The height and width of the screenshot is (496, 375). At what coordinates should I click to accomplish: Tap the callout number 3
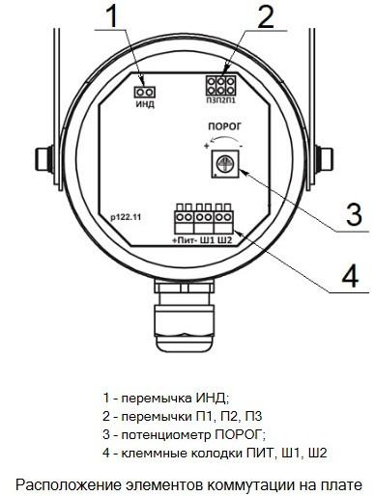click(x=354, y=213)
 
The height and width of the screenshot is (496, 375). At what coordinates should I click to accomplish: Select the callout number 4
click(x=350, y=275)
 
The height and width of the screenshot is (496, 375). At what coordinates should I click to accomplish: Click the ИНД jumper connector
click(x=144, y=92)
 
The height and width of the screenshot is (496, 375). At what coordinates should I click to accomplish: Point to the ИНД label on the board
click(x=145, y=104)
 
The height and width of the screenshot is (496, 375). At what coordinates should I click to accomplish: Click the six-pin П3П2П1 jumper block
click(x=220, y=85)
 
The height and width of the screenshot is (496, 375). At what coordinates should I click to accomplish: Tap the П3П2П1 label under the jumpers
click(x=221, y=100)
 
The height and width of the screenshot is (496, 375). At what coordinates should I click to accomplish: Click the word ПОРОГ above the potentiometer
click(x=224, y=126)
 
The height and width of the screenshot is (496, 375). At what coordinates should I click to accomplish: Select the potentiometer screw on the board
click(x=224, y=164)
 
